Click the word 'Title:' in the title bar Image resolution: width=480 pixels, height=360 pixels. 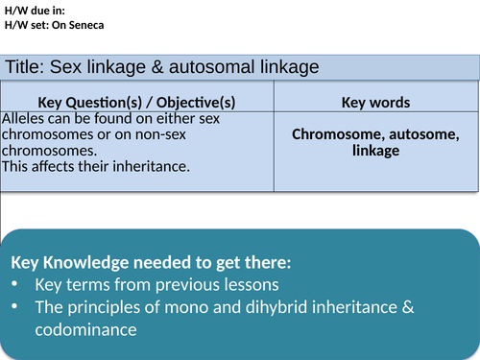(25, 66)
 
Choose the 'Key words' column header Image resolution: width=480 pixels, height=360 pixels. (375, 102)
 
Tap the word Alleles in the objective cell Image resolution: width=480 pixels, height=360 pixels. (25, 118)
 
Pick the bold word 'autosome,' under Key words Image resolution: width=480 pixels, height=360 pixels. (423, 134)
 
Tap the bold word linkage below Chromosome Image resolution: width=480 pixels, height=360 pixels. (375, 151)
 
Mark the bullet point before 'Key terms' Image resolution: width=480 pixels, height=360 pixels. (16, 285)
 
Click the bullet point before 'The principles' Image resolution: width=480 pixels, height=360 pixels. (16, 307)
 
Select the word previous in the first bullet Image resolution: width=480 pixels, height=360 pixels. (161, 285)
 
